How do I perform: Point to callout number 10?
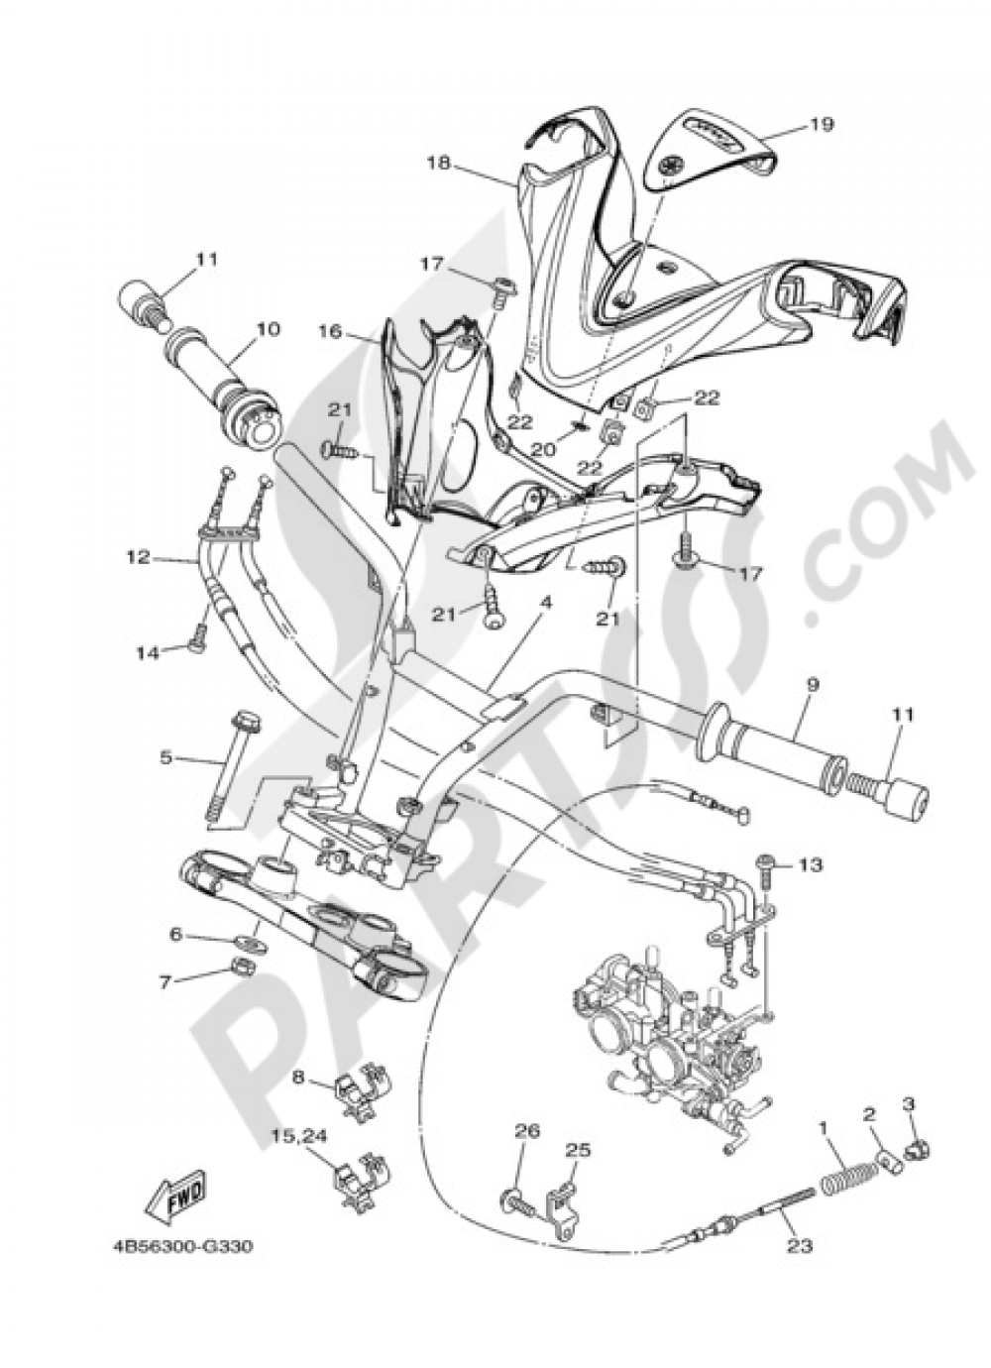coord(269,328)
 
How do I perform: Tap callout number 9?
coord(812,683)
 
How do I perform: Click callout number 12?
coord(138,557)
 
